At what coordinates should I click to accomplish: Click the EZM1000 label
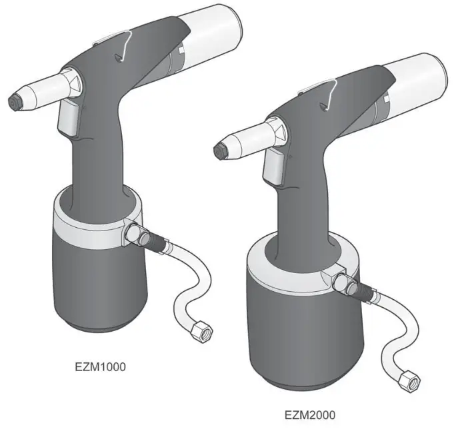click(100, 366)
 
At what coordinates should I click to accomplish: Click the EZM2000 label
click(310, 414)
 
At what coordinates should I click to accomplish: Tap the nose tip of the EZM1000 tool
click(11, 102)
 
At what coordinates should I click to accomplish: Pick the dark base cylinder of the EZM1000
click(93, 286)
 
